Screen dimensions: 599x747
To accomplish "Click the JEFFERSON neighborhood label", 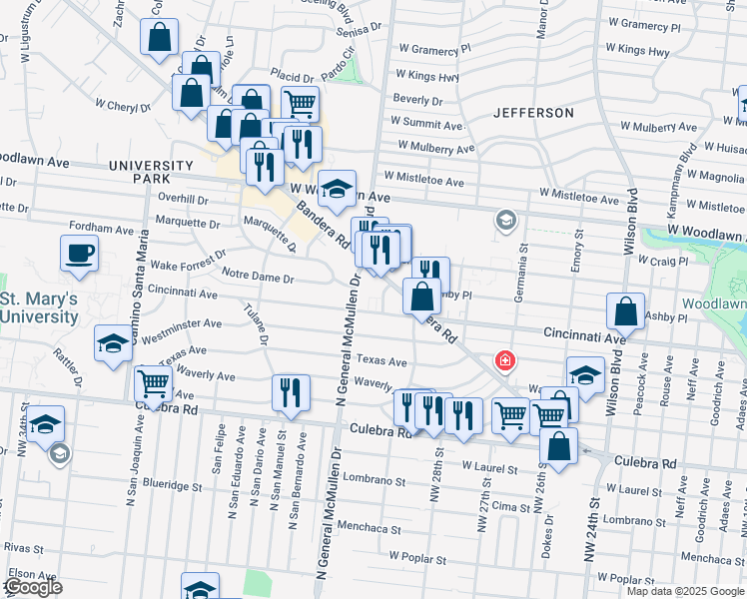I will [532, 113].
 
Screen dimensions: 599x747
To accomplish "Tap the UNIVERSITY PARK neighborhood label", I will [150, 172].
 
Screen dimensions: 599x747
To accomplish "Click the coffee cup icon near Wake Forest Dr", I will [80, 255].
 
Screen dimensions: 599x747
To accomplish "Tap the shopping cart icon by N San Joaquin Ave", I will [154, 383].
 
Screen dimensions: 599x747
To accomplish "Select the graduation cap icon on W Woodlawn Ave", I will [338, 187].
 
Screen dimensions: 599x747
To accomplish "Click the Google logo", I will [32, 587].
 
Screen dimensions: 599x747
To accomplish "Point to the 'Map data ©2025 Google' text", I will [686, 591].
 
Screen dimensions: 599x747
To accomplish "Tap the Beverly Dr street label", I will [417, 100].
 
